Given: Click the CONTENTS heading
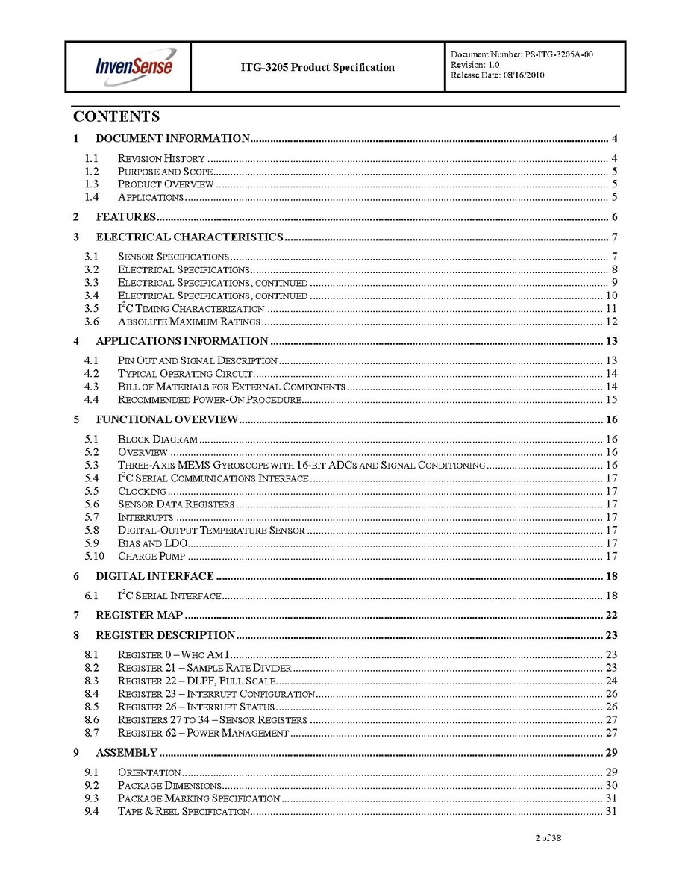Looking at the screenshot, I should coord(116,116).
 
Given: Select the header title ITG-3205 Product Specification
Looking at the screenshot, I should coord(317,67).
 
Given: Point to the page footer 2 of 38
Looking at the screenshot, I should coord(548,837).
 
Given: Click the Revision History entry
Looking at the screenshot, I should coord(161,158).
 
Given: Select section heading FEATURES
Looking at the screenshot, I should coord(125,217).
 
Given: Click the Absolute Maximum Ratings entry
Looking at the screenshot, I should coord(189,322).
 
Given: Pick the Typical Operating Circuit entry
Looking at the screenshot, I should coord(187,373).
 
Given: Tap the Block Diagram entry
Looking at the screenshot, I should coord(157,439).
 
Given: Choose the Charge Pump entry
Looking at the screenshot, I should coord(152,556).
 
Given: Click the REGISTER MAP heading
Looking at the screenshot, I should coord(139,616).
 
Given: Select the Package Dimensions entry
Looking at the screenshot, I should coord(169,785).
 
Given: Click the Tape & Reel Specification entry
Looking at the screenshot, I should coord(184,811).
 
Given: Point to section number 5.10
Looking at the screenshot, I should coord(94,556).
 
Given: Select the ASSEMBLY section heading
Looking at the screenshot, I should coord(126,752).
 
